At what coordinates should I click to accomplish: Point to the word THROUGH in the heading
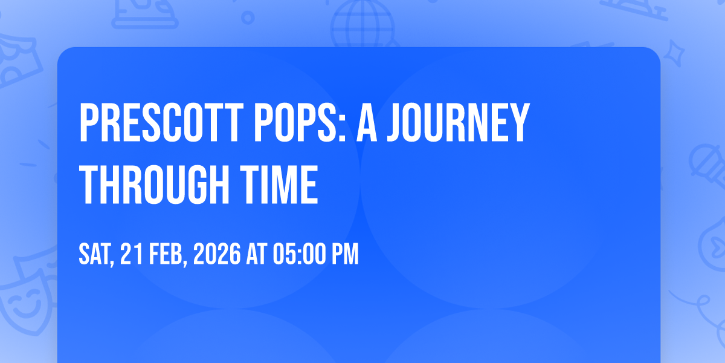click(x=154, y=185)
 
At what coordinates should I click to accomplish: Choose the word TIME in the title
click(x=279, y=185)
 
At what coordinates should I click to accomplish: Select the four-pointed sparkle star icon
click(x=674, y=53)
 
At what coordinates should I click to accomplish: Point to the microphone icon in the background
click(x=707, y=165)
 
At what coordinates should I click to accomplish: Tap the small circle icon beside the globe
click(x=248, y=18)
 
